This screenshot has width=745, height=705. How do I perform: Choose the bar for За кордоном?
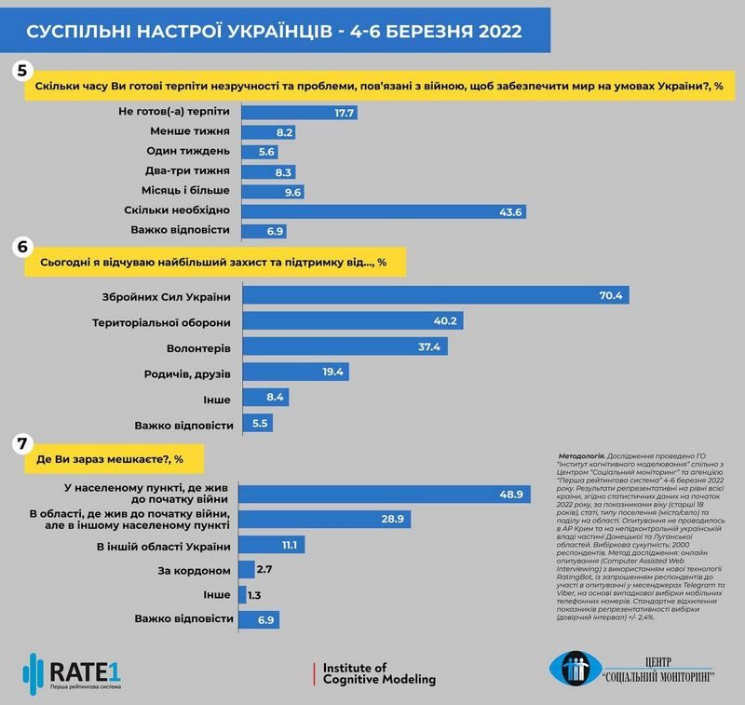[248, 568]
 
